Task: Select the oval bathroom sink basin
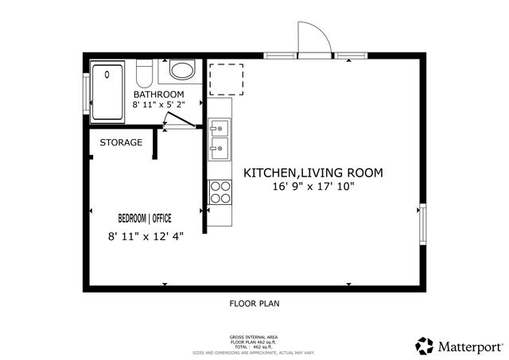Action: pos(183,71)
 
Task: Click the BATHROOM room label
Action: pos(164,95)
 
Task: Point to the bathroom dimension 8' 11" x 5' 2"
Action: pos(164,105)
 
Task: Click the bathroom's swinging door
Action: pos(177,120)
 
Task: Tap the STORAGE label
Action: pos(121,143)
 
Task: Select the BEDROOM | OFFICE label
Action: pos(145,218)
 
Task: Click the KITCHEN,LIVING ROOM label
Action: pos(313,172)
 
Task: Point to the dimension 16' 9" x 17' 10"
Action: pos(313,188)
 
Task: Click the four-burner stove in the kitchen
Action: pos(220,192)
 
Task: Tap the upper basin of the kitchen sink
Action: pos(220,127)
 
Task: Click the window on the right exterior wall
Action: pos(422,226)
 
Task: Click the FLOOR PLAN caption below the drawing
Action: pos(254,304)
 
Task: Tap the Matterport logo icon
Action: pos(424,346)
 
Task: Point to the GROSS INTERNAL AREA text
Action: pos(254,337)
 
